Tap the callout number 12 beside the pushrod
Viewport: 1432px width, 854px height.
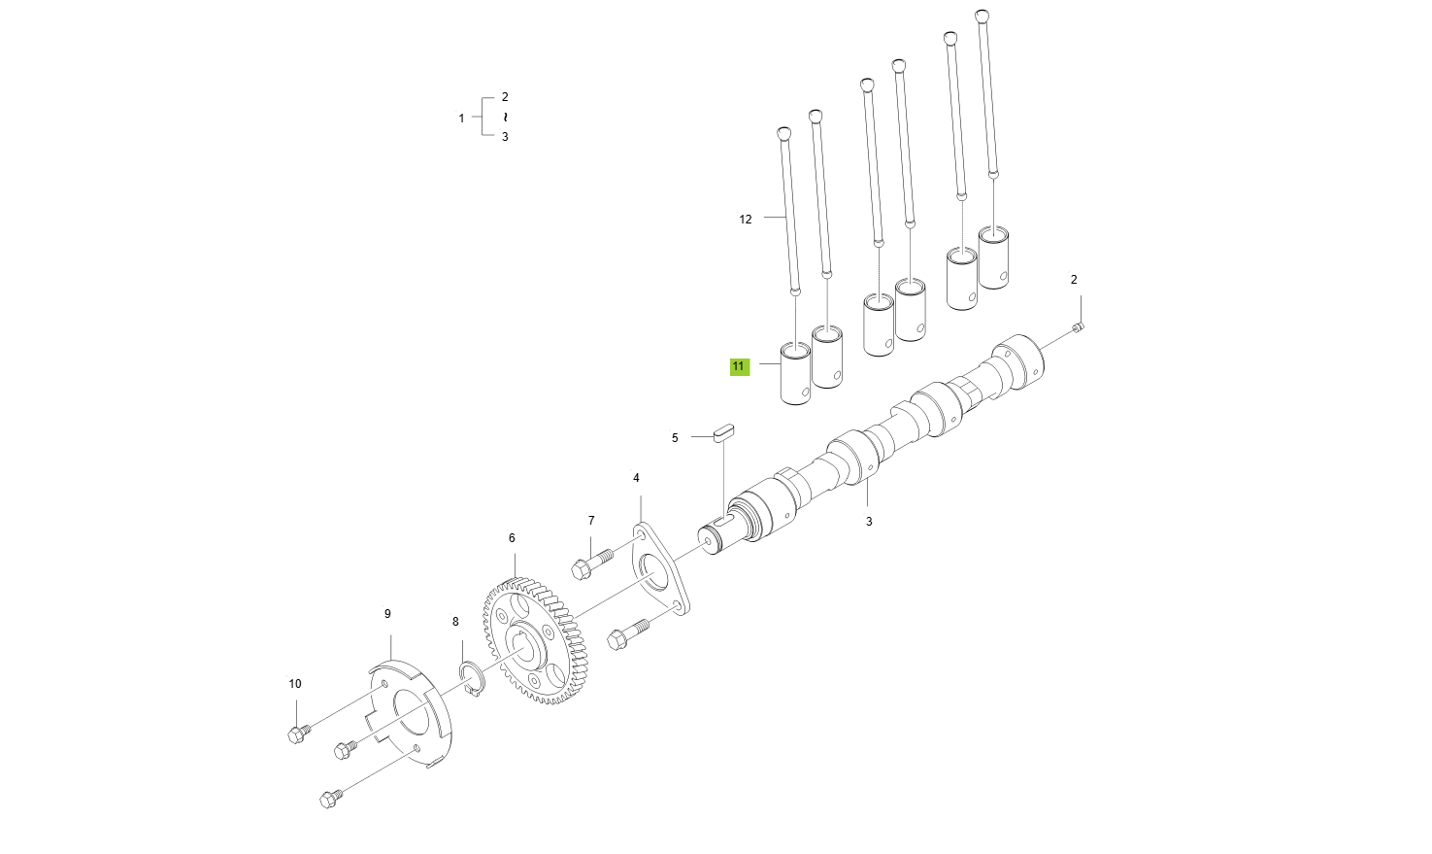pyautogui.click(x=746, y=220)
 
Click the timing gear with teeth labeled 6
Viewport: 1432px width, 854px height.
pyautogui.click(x=534, y=642)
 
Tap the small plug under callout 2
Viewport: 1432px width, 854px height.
pyautogui.click(x=1078, y=327)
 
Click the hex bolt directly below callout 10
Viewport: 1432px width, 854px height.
pyautogui.click(x=298, y=734)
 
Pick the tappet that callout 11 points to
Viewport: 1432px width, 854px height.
pyautogui.click(x=796, y=373)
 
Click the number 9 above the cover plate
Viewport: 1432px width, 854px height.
pyautogui.click(x=387, y=614)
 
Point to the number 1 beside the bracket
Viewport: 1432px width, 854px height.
pyautogui.click(x=461, y=119)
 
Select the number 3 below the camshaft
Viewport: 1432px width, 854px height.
pyautogui.click(x=869, y=522)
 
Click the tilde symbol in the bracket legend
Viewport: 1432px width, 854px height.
pyautogui.click(x=505, y=117)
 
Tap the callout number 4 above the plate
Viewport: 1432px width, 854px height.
pyautogui.click(x=637, y=478)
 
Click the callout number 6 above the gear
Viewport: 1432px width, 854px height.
pyautogui.click(x=512, y=538)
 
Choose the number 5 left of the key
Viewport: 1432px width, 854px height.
pyautogui.click(x=675, y=438)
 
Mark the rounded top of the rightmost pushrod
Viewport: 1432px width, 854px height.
pyautogui.click(x=982, y=16)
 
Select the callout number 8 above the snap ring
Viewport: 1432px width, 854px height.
pyautogui.click(x=455, y=622)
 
